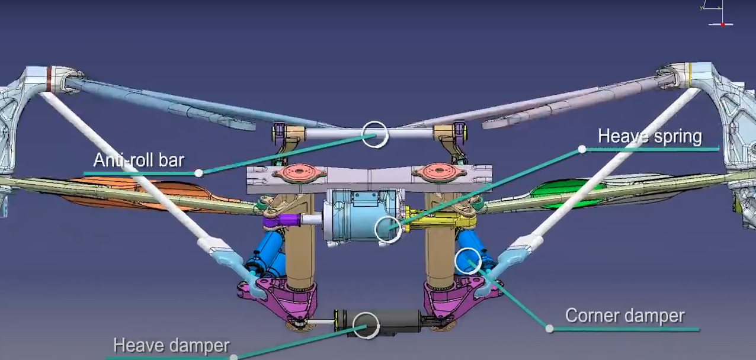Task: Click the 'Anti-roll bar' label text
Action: (x=139, y=160)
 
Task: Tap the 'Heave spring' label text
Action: (x=650, y=136)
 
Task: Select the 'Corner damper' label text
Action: (x=624, y=316)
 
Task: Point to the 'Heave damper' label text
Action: (x=171, y=345)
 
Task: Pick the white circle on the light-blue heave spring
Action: (x=375, y=229)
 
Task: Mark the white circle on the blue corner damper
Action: (x=455, y=261)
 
